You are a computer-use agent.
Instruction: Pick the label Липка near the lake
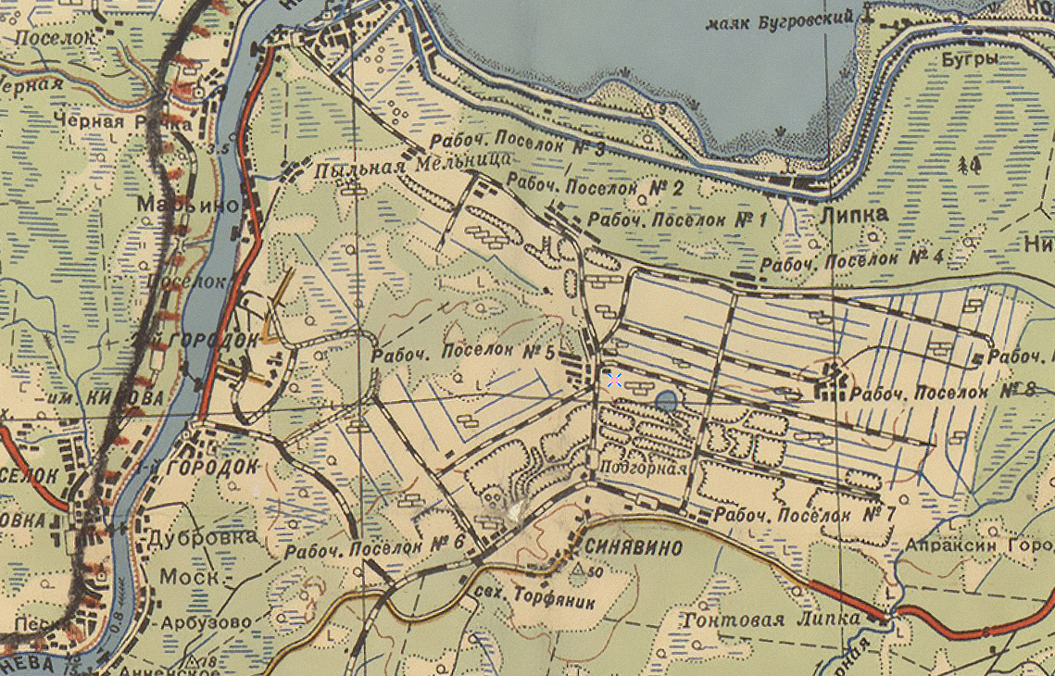pos(853,215)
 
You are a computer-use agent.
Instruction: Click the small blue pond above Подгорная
pos(665,401)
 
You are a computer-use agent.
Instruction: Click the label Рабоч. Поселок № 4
pos(850,261)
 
